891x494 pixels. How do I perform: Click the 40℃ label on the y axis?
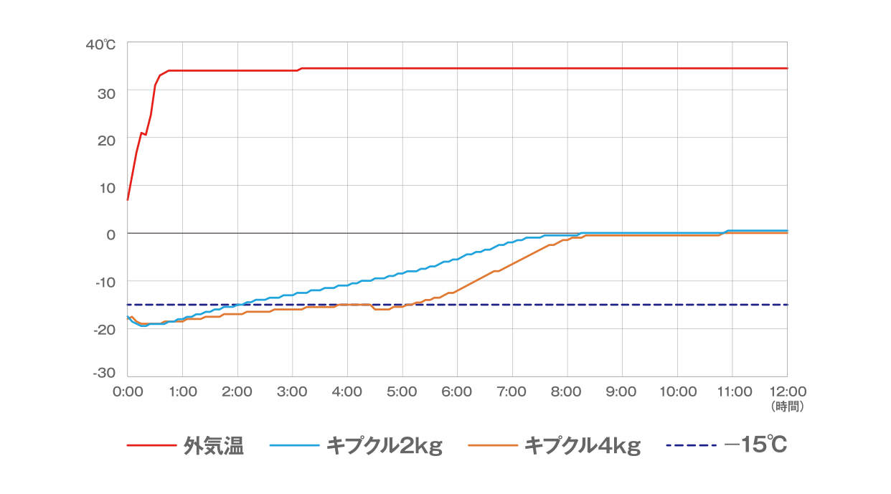[100, 44]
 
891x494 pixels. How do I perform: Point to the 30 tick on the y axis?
[106, 91]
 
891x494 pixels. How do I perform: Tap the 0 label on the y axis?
[111, 234]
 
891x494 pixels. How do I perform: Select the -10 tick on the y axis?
[105, 281]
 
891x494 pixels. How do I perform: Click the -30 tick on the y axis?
[105, 374]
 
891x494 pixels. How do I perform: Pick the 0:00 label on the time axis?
[127, 391]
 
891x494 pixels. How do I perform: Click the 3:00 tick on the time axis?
[292, 391]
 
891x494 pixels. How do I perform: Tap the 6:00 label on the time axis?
[457, 391]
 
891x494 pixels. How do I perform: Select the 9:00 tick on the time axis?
[622, 391]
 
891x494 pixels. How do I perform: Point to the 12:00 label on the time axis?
[787, 391]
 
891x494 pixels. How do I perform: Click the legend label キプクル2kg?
[385, 446]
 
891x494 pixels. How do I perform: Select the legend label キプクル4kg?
[583, 446]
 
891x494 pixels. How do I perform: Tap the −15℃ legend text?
[756, 445]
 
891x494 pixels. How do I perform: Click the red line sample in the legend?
[151, 446]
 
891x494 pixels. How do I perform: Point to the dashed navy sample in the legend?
[691, 446]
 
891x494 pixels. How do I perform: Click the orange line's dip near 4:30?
[380, 309]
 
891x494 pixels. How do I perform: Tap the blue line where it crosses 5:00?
[402, 273]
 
